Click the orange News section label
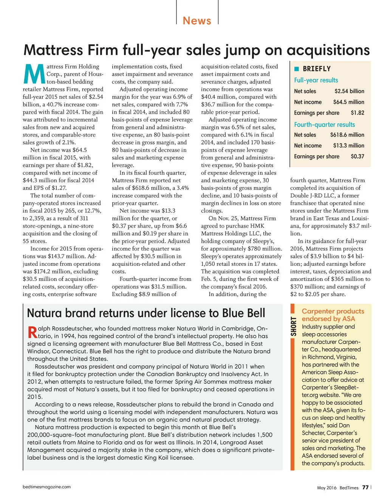pos(197,20)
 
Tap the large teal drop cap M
pos(34,74)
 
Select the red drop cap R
pos(33,332)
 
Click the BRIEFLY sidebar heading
pos(317,69)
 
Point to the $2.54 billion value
pos(349,91)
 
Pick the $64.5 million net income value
pos(348,102)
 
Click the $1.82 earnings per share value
pos(357,113)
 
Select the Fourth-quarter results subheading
pos(324,124)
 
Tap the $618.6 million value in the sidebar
pos(347,135)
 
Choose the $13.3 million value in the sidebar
pos(348,146)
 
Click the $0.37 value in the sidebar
pos(357,156)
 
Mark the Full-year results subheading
pos(316,80)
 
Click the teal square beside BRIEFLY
pos(297,69)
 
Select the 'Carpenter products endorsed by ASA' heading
pos(333,315)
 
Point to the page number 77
pos(365,487)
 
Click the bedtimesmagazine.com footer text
pos(46,487)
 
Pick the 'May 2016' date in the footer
pos(327,488)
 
